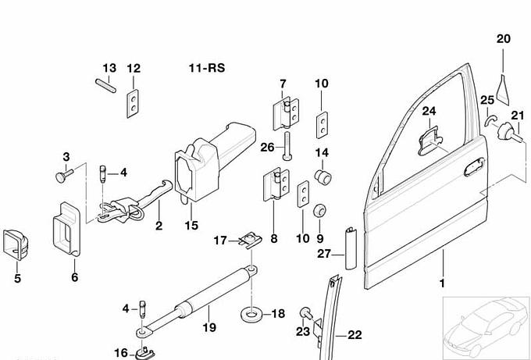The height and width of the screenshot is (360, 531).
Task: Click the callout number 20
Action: [503, 38]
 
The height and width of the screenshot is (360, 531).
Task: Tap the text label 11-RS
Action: [206, 68]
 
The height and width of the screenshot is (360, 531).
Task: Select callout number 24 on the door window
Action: [428, 112]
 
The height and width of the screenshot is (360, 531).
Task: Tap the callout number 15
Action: [191, 226]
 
